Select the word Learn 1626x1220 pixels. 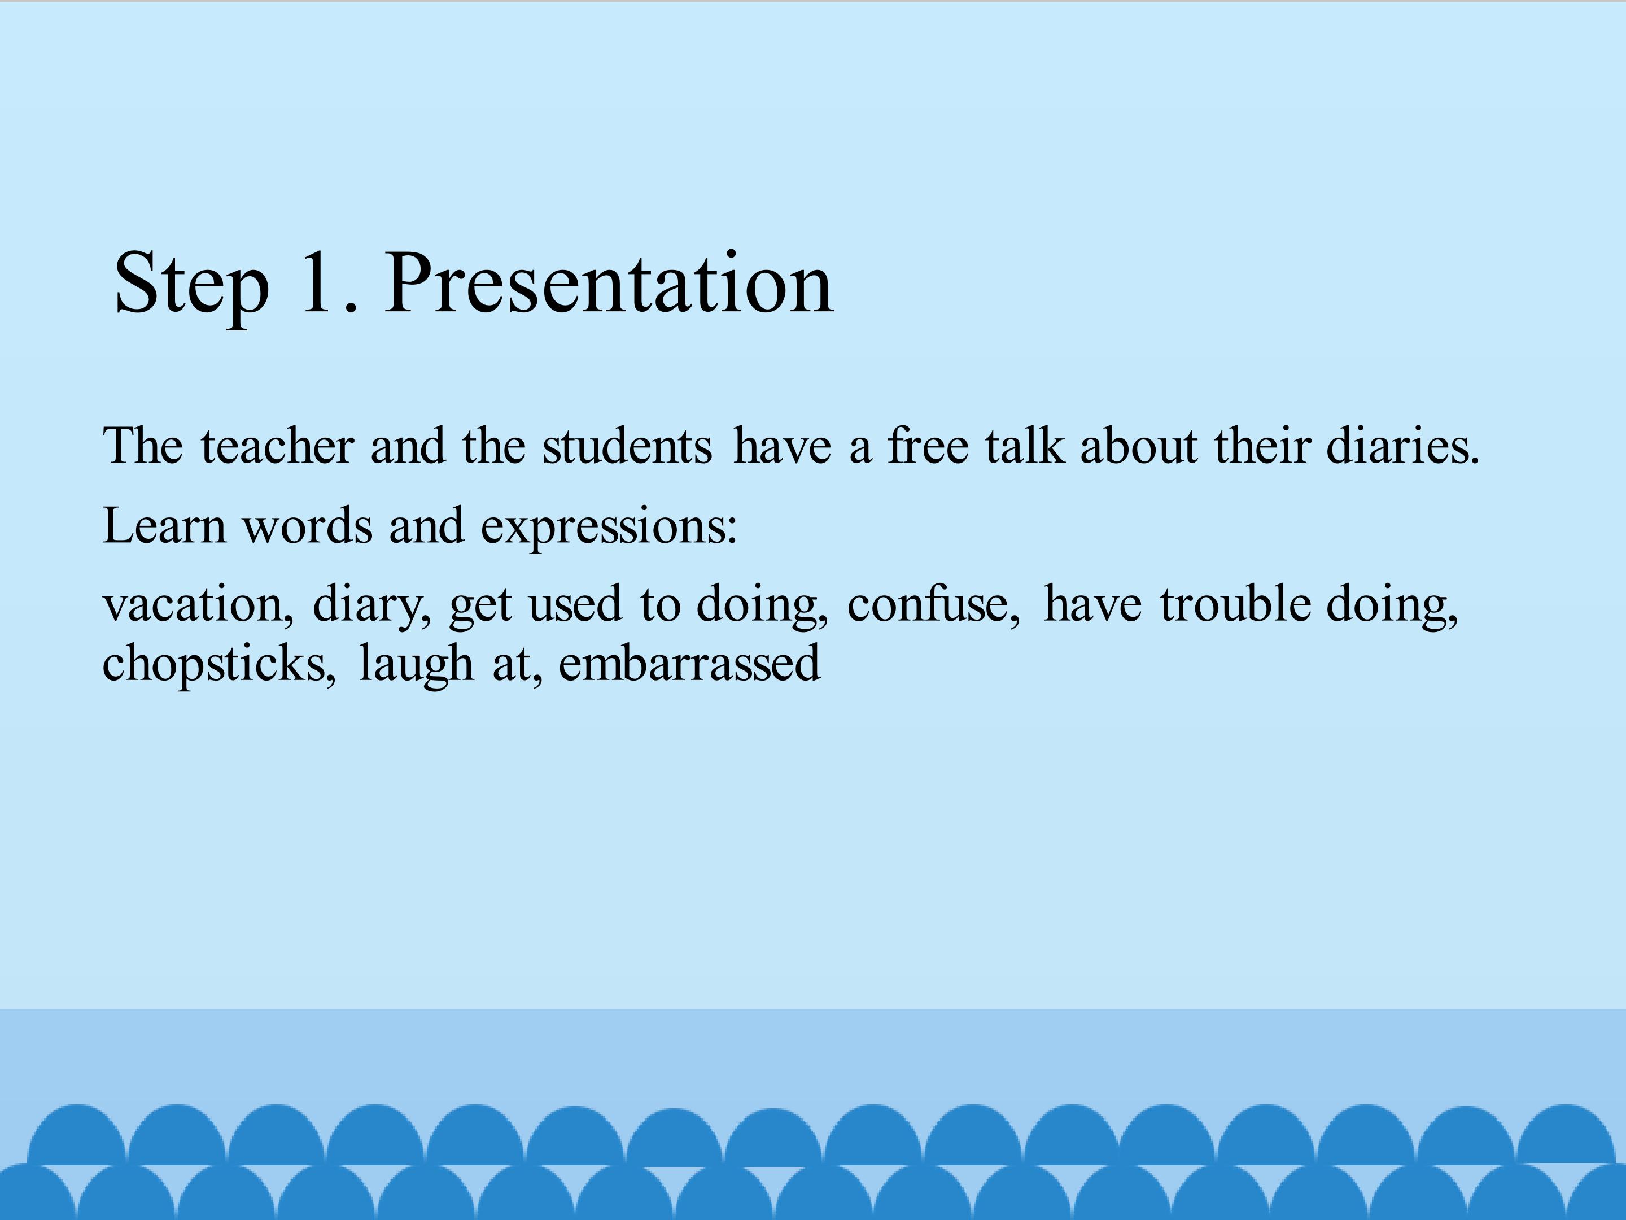[164, 525]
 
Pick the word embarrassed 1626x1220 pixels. [689, 663]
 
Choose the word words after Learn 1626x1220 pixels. [307, 525]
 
